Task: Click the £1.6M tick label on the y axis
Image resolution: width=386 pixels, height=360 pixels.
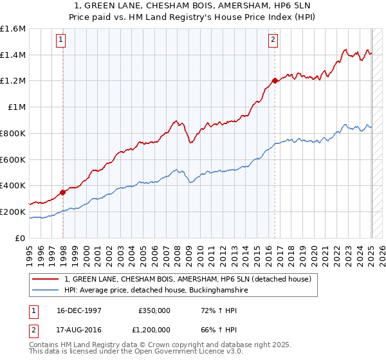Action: tap(13, 29)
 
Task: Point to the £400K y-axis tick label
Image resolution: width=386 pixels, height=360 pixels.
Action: tap(13, 185)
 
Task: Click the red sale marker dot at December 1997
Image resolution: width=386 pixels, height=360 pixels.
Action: tap(63, 192)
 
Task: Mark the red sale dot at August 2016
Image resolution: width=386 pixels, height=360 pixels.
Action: tap(275, 80)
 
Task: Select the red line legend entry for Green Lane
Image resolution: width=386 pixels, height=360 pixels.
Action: tap(188, 279)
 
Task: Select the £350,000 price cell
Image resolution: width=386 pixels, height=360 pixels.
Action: tap(154, 310)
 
